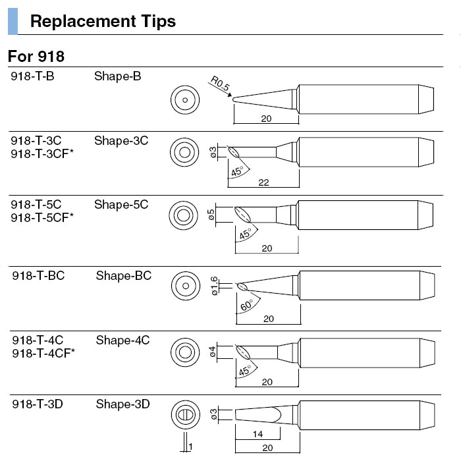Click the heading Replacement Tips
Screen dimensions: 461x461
(x=103, y=21)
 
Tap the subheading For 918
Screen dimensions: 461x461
(x=36, y=56)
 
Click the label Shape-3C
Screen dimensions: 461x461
(x=121, y=140)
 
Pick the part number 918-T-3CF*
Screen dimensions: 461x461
(x=43, y=153)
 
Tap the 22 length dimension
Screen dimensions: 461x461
(x=263, y=182)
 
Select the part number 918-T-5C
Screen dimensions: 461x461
(x=37, y=205)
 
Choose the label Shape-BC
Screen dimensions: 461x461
(x=123, y=275)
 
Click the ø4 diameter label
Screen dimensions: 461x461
(x=213, y=352)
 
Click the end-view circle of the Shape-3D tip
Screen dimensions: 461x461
(x=184, y=416)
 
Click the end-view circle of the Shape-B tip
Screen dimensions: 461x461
(x=184, y=101)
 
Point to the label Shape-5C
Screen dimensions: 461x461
(x=121, y=205)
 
